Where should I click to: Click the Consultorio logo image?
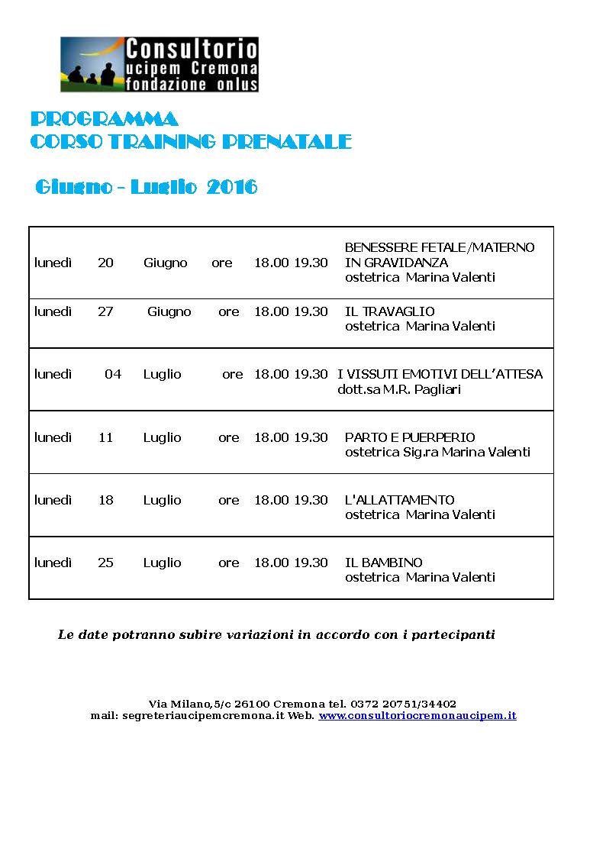click(x=159, y=64)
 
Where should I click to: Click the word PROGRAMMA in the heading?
click(x=105, y=119)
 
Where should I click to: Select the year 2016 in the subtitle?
click(x=232, y=187)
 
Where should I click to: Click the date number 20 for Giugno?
click(x=105, y=263)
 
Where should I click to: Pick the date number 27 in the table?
click(x=105, y=311)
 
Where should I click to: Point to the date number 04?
click(x=113, y=374)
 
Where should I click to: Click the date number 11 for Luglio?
click(x=105, y=437)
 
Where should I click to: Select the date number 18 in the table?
click(x=105, y=500)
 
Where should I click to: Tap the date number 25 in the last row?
click(x=105, y=563)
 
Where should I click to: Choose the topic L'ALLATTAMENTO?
click(x=399, y=500)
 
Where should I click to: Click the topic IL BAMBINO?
click(x=383, y=563)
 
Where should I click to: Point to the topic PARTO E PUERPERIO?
click(x=410, y=437)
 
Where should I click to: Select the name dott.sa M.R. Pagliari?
click(x=399, y=389)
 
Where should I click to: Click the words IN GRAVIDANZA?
click(x=396, y=263)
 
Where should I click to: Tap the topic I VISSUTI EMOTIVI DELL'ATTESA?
click(x=440, y=374)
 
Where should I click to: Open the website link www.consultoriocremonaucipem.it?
click(x=417, y=716)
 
